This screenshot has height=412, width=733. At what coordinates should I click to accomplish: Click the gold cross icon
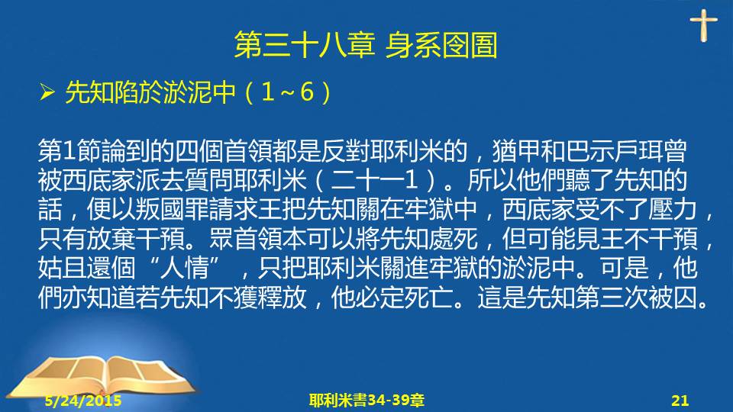click(x=703, y=25)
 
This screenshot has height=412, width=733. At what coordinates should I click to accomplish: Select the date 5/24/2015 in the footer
click(x=83, y=401)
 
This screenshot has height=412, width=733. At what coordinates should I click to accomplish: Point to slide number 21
click(x=680, y=401)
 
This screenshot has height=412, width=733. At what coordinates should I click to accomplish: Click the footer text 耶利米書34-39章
click(x=366, y=401)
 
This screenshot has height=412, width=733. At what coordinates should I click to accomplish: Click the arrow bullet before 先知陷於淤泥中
click(x=47, y=92)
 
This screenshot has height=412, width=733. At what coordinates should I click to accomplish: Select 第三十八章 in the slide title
click(x=305, y=45)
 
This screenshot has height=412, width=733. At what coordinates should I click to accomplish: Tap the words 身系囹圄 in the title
click(x=441, y=45)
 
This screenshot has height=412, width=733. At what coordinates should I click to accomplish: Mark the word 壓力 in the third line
click(x=673, y=210)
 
